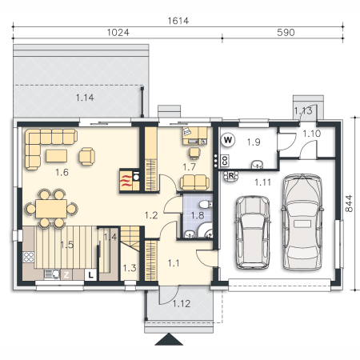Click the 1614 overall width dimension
tap(178, 21)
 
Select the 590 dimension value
tap(286, 33)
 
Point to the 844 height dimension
tap(349, 203)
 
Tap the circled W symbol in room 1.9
tap(228, 140)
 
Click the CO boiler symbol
tap(225, 161)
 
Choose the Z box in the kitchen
tap(66, 274)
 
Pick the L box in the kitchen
tap(90, 274)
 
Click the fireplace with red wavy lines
tap(126, 181)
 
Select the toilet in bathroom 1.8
tap(206, 205)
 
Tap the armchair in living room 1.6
tap(87, 156)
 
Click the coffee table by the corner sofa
tap(56, 156)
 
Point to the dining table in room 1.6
tap(51, 209)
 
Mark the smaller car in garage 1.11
tap(253, 232)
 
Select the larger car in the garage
tap(302, 222)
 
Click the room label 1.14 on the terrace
tap(85, 98)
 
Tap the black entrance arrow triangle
tap(169, 339)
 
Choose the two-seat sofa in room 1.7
tap(194, 182)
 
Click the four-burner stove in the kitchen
tap(28, 257)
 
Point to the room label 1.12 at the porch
tap(182, 303)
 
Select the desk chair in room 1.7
tap(195, 153)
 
